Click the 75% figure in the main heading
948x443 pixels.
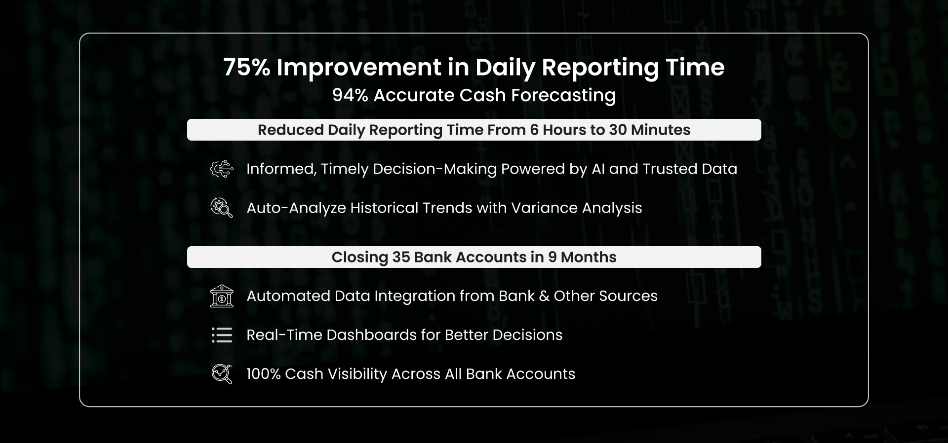[x=246, y=67]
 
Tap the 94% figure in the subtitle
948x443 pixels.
[x=350, y=95]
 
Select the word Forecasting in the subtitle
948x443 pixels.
[x=563, y=96]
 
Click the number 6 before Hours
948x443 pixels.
[x=534, y=130]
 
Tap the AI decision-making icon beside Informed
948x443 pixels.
[x=222, y=169]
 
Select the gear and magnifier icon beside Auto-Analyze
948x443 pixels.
[x=222, y=208]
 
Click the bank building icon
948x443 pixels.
[x=222, y=296]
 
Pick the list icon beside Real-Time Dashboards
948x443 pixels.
[x=222, y=335]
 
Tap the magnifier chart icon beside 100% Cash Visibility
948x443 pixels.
[x=222, y=374]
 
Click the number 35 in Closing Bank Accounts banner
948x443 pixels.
[x=401, y=257]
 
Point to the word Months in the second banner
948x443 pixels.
[x=589, y=257]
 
